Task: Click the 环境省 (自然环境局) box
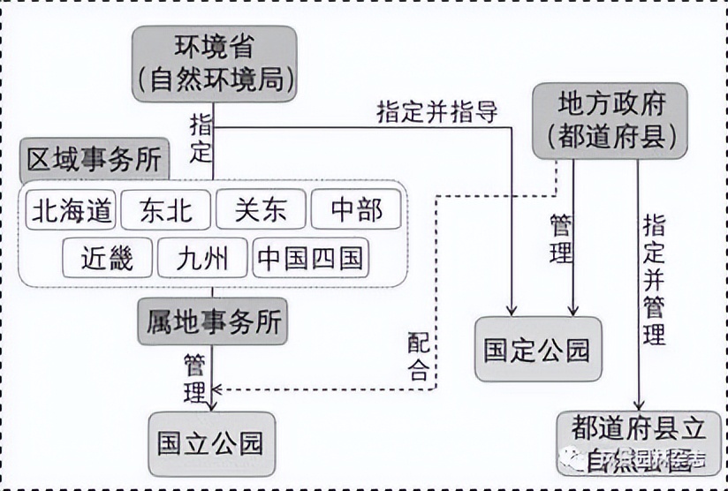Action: (215, 64)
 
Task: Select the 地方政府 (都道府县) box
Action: (610, 121)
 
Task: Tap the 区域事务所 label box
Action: (95, 160)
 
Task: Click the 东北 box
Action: (166, 210)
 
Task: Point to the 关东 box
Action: (262, 210)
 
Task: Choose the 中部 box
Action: (356, 210)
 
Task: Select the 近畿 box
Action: (107, 258)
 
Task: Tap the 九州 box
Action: (202, 258)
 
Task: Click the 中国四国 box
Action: (309, 258)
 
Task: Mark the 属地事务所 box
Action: (213, 321)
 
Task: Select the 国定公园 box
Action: (537, 349)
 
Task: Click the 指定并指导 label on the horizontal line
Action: (437, 112)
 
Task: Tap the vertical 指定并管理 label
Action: (654, 279)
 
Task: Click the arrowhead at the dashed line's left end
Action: (220, 388)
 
